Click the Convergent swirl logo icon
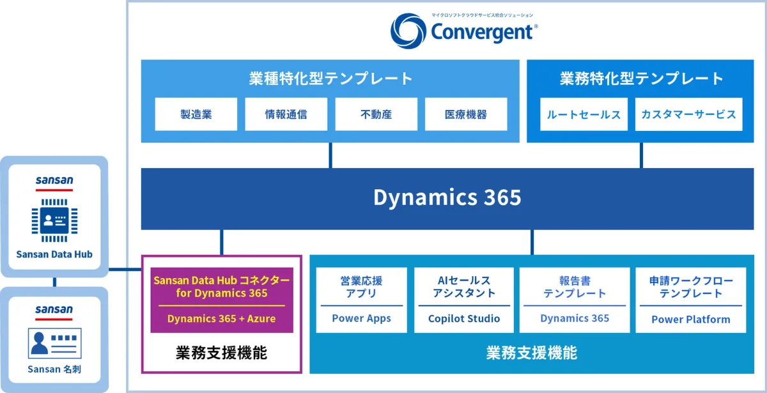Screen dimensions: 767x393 click(408, 31)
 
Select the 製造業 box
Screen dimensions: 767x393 click(196, 114)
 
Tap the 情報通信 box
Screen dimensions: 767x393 click(286, 114)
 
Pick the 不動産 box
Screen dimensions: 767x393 click(376, 114)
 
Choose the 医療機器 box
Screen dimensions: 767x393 click(466, 114)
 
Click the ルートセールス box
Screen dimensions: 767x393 click(584, 114)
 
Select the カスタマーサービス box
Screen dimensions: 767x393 click(688, 114)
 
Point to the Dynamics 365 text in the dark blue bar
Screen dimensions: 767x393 click(447, 197)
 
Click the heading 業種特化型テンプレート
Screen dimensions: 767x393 click(330, 79)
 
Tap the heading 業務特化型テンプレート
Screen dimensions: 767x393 click(641, 79)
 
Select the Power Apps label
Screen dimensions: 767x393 click(361, 318)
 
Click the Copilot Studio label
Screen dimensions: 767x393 click(464, 318)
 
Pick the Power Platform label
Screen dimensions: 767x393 click(691, 319)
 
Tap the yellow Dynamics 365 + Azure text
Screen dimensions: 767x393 click(222, 319)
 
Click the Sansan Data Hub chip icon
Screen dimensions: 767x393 click(54, 220)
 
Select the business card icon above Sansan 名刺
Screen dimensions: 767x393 click(55, 343)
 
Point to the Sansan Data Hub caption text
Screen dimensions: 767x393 click(54, 254)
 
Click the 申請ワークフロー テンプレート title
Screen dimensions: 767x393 click(691, 287)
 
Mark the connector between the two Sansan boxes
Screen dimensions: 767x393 click(54, 282)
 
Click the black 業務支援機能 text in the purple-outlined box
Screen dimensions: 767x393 click(222, 353)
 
